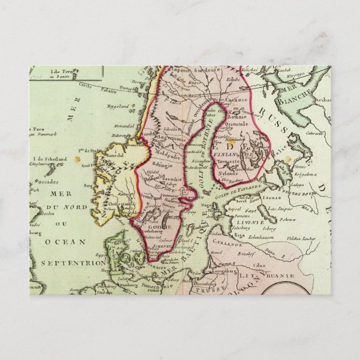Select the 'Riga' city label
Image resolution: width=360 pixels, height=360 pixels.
click(240, 235)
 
